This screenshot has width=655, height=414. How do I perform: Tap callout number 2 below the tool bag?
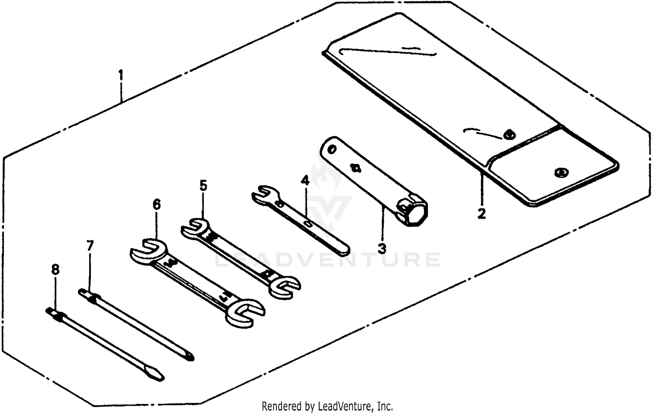pyautogui.click(x=481, y=214)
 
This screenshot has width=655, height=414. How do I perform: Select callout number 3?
pyautogui.click(x=382, y=249)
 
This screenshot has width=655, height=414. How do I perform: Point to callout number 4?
pyautogui.click(x=305, y=180)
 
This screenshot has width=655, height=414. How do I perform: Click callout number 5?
pyautogui.click(x=203, y=185)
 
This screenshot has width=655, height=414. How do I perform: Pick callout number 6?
pyautogui.click(x=156, y=204)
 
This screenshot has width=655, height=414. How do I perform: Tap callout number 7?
pyautogui.click(x=90, y=245)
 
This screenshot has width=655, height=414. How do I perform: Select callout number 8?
pyautogui.click(x=55, y=269)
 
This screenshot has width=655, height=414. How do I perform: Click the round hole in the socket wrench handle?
pyautogui.click(x=331, y=150)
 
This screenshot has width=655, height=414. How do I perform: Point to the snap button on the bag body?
pyautogui.click(x=508, y=134)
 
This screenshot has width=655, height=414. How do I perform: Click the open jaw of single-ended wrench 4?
pyautogui.click(x=263, y=195)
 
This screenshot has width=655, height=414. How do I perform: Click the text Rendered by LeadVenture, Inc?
pyautogui.click(x=327, y=406)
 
